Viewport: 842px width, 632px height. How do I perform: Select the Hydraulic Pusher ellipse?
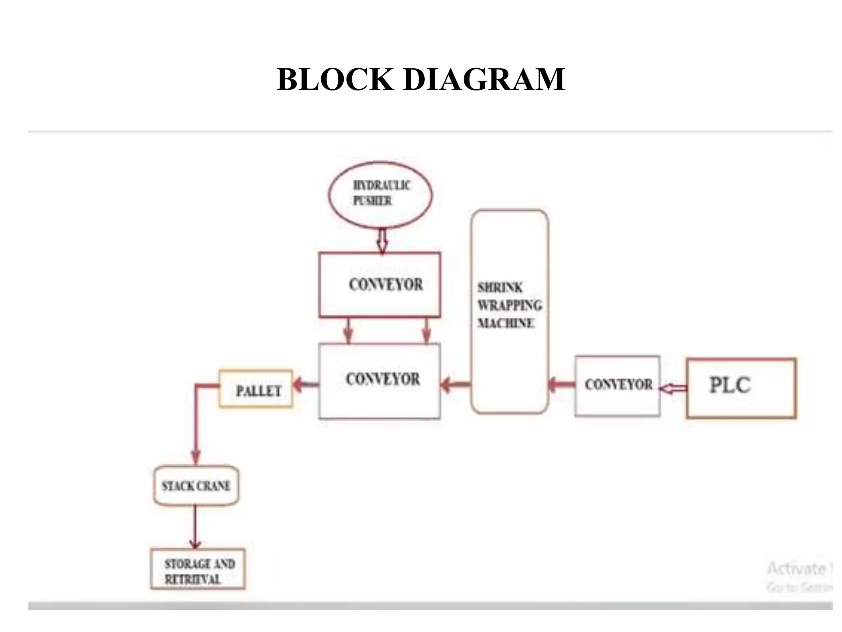coord(380,195)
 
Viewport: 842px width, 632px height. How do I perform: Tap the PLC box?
coord(741,388)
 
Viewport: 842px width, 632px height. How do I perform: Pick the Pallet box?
coord(256,389)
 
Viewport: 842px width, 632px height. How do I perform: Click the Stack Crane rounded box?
coord(196,486)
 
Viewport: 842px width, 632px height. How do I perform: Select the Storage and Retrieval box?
coord(198,569)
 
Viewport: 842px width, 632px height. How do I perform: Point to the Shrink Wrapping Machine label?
coord(509,305)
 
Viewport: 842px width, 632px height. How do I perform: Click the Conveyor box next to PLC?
coord(618,386)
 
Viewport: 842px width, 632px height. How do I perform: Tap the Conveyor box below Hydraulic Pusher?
coord(379,285)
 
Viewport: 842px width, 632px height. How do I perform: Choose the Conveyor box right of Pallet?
coord(379,381)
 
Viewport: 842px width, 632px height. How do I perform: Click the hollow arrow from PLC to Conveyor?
coord(673,388)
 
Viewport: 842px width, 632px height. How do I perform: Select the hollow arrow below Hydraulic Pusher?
coord(382,241)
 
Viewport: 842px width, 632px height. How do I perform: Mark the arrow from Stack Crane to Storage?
coord(195,527)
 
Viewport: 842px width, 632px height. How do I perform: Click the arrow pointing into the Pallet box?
coord(305,385)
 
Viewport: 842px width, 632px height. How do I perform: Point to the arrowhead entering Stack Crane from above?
coord(196,458)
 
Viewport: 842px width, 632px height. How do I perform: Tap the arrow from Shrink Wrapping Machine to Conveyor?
coord(455,386)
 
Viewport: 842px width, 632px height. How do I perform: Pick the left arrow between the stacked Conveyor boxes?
coord(349,330)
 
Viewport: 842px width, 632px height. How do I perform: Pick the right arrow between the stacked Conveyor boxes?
coord(426,330)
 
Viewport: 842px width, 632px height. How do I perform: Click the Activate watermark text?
coord(796,568)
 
